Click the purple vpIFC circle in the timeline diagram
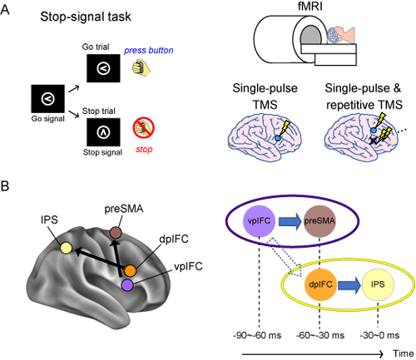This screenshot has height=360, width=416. [259, 221]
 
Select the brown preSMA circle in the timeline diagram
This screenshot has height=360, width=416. [319, 221]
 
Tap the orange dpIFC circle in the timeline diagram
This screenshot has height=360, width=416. [320, 284]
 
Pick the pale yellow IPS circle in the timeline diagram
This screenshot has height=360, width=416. [378, 284]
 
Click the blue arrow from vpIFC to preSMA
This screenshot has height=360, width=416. [290, 221]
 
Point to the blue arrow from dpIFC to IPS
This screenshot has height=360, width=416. [349, 285]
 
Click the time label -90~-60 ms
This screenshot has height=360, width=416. [257, 335]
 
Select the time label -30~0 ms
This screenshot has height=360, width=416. [379, 335]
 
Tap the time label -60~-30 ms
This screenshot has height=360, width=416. [320, 335]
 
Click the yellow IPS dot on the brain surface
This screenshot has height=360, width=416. [67, 248]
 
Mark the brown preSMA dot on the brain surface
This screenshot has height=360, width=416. [116, 233]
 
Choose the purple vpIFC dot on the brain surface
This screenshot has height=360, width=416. [127, 285]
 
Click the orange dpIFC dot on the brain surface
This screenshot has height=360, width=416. [130, 271]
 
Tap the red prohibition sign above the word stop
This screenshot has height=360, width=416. [144, 128]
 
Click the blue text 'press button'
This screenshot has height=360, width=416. [149, 51]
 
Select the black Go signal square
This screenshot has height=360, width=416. [47, 99]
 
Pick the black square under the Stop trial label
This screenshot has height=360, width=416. [103, 132]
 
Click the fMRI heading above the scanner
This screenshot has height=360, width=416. [310, 6]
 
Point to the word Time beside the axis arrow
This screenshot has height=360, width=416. [403, 353]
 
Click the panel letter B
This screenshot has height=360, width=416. [5, 186]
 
